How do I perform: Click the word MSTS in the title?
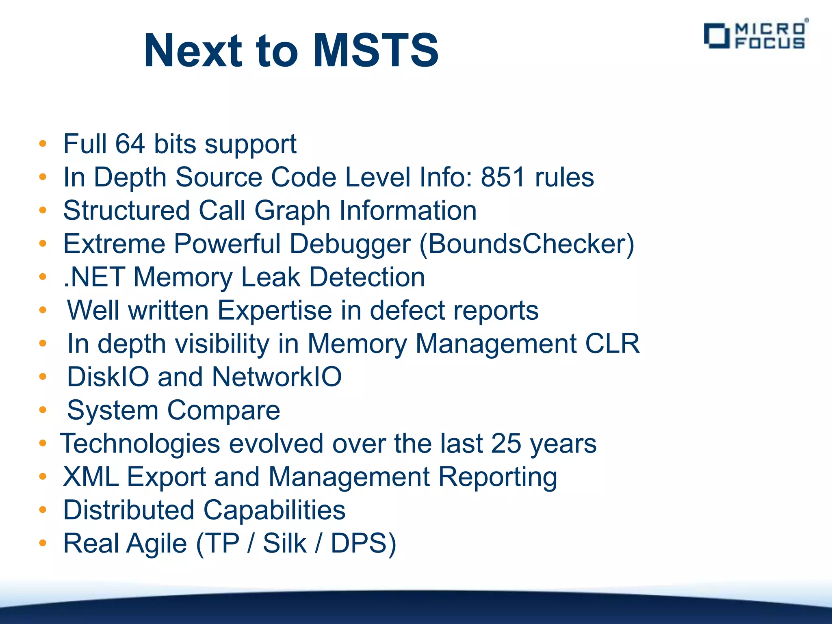point(376,51)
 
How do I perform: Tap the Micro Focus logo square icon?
point(717,36)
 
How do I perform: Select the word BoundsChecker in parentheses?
point(526,244)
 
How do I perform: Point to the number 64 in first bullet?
point(130,144)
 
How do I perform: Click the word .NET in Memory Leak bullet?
point(94,277)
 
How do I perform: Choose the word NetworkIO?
point(277,377)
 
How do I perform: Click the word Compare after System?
point(223,410)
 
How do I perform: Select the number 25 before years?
point(506,443)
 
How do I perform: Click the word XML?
point(91,477)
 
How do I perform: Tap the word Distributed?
point(129,510)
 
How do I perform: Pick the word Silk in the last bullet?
point(284,543)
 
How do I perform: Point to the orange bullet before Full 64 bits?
point(43,144)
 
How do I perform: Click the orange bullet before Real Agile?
point(43,543)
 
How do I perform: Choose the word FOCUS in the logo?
point(770,43)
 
